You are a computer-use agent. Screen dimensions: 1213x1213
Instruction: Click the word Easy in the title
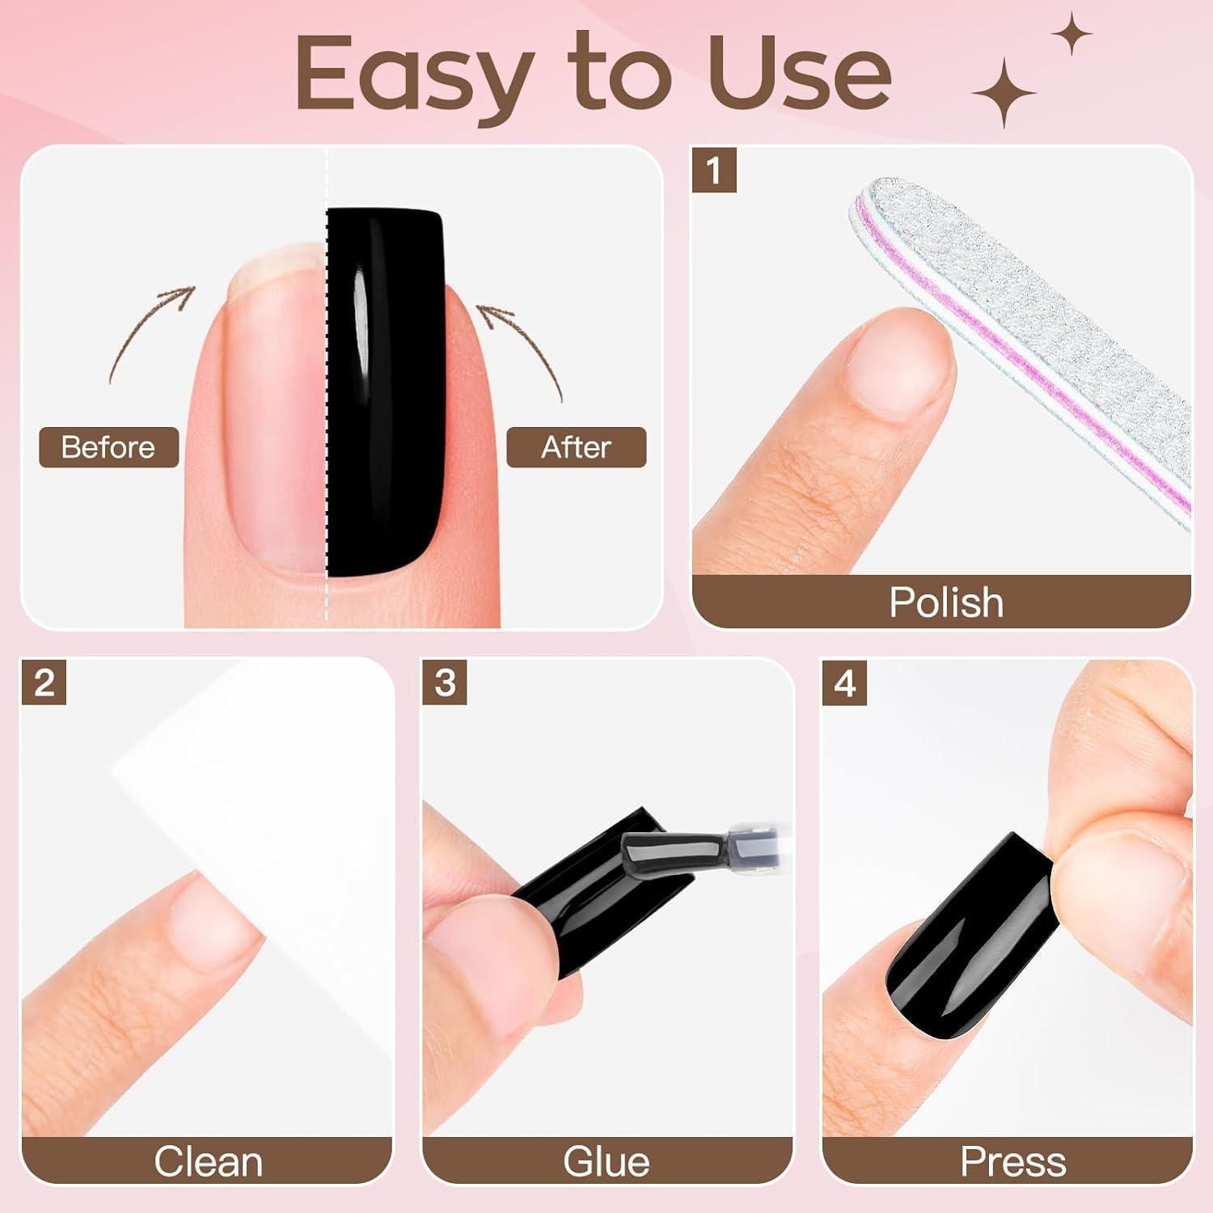pyautogui.click(x=412, y=75)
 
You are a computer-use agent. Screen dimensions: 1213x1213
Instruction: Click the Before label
pyautogui.click(x=108, y=447)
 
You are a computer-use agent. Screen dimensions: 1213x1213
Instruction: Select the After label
pyautogui.click(x=576, y=447)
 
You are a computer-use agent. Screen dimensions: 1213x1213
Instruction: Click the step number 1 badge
pyautogui.click(x=713, y=171)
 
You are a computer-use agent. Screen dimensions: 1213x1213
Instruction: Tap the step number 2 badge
pyautogui.click(x=44, y=683)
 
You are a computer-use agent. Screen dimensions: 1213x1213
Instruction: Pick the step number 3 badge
pyautogui.click(x=444, y=683)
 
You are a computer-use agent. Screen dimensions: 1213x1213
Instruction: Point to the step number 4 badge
pyautogui.click(x=844, y=683)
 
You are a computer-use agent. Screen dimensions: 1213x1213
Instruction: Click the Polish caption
pyautogui.click(x=946, y=602)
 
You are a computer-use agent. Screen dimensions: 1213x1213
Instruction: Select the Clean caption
pyautogui.click(x=209, y=1162)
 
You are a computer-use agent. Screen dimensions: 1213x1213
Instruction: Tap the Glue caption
pyautogui.click(x=606, y=1162)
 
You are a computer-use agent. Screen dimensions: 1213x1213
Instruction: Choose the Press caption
pyautogui.click(x=1012, y=1162)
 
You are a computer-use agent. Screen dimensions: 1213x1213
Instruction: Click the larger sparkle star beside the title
pyautogui.click(x=1004, y=93)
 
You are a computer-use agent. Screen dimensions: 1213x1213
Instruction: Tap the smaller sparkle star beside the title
pyautogui.click(x=1071, y=35)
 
